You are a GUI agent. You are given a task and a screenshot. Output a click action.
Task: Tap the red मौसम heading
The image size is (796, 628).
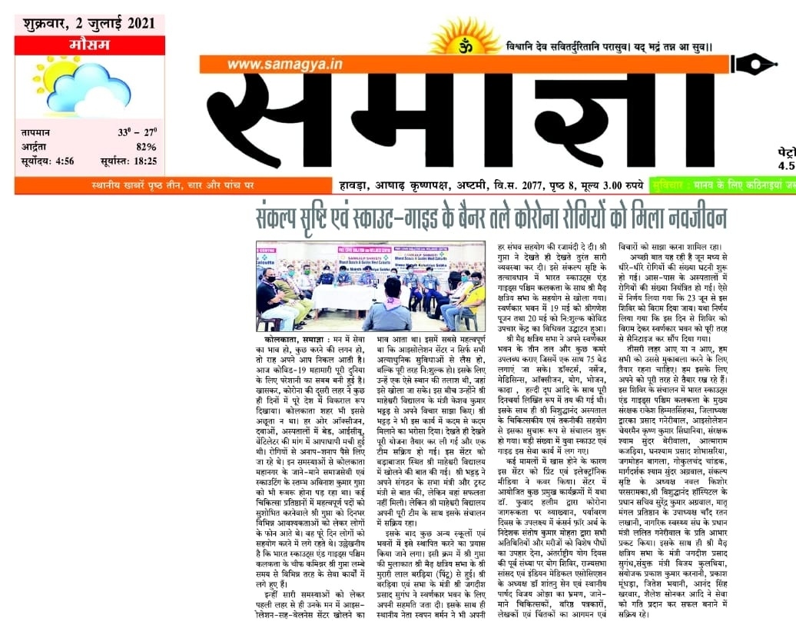[x=89, y=45]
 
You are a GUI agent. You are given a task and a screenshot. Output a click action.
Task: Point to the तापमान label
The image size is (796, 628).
[x=39, y=132]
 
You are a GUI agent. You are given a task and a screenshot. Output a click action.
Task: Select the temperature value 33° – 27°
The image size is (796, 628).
[x=138, y=132]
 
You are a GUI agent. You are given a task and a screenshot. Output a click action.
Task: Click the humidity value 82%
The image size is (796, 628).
[x=147, y=146]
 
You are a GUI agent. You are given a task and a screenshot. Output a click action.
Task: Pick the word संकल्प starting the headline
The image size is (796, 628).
[x=285, y=218]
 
